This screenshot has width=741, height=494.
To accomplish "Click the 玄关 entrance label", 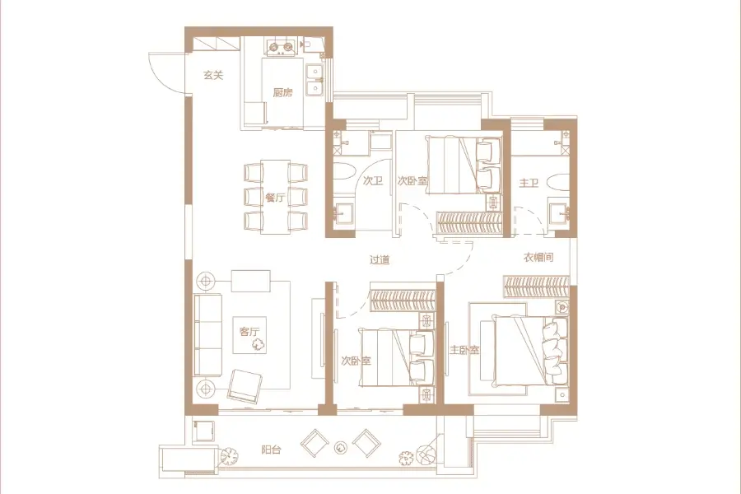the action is click(213, 75).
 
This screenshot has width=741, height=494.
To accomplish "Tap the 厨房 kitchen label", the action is click(282, 92).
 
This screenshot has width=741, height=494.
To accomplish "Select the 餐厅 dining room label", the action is click(275, 197).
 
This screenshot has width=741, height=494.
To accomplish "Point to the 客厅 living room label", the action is click(249, 331).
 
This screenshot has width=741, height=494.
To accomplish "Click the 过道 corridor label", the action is click(380, 259).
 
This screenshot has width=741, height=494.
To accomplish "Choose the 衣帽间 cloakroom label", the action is click(538, 258).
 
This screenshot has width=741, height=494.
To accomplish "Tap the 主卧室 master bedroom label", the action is click(464, 350).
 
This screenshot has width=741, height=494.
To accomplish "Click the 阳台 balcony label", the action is click(271, 450).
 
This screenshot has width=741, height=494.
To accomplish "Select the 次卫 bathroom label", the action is click(373, 180).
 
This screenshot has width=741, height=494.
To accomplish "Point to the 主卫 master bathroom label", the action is click(529, 183).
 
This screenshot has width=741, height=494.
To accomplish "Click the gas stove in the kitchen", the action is click(281, 48).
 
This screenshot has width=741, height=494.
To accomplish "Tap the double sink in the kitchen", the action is click(314, 81).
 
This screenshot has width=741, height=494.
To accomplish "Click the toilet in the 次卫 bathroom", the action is click(343, 171).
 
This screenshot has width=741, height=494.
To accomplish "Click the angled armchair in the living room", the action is click(245, 386).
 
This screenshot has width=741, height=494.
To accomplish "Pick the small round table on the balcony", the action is click(340, 447).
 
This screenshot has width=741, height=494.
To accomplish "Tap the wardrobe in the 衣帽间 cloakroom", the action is click(536, 287).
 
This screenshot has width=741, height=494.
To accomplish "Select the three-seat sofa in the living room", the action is click(208, 335).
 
